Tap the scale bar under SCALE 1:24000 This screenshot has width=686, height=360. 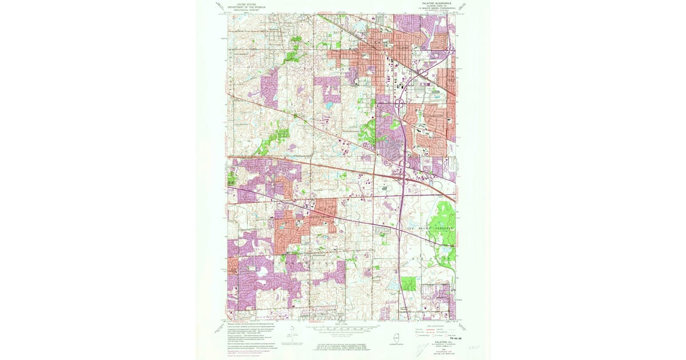coord(343,330)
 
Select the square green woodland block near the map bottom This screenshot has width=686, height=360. coord(409,283)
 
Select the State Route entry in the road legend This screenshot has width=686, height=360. coord(452,335)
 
